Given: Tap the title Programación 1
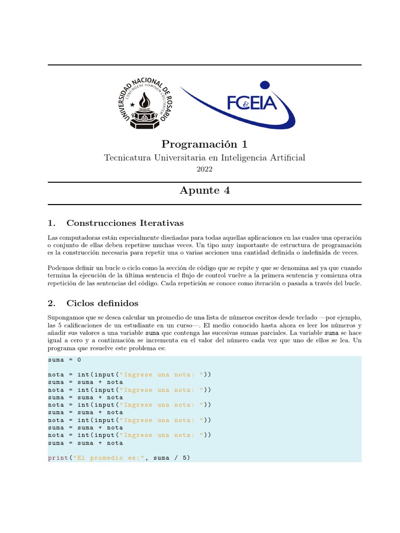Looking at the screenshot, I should click(x=204, y=144).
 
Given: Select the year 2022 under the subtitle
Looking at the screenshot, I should click(x=204, y=169).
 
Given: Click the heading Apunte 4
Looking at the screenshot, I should click(x=204, y=191).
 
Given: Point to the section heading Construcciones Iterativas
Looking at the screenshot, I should click(x=125, y=223).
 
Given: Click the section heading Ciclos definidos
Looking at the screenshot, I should click(x=102, y=303).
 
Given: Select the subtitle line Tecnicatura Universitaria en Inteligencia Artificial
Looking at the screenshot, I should click(x=204, y=158).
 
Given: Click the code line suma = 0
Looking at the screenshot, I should click(x=65, y=360).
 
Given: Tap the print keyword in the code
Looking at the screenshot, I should click(x=58, y=458).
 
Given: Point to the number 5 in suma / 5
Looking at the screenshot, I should click(x=185, y=458).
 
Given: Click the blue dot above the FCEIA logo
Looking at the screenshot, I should click(x=265, y=85).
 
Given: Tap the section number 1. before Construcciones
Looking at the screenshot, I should click(x=51, y=223).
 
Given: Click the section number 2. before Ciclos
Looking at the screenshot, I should click(x=51, y=303).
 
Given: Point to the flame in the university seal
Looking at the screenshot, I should click(x=143, y=99).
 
